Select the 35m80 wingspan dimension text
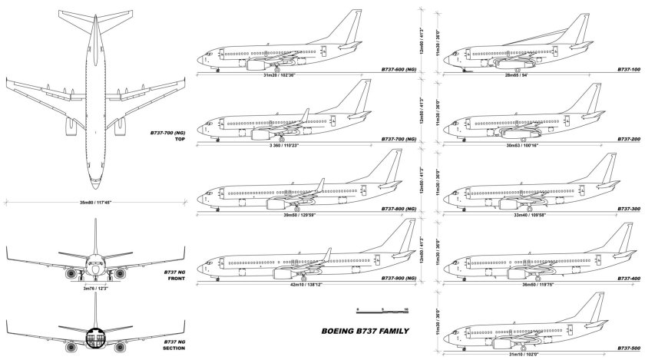click(x=95, y=203)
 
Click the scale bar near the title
click(x=382, y=310)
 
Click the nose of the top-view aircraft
click(x=95, y=185)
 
